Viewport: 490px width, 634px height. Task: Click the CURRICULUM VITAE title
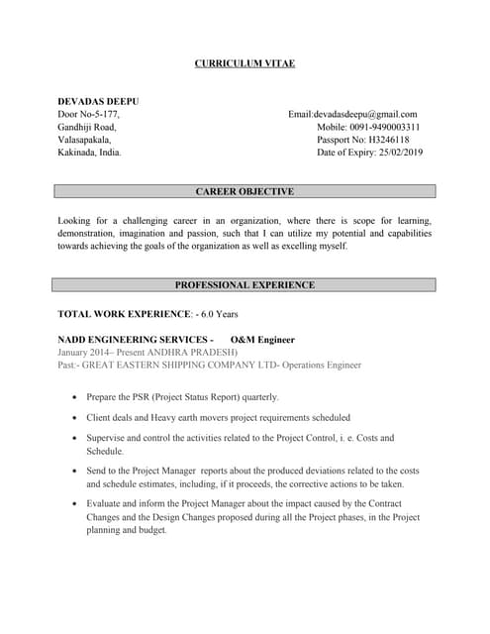click(245, 64)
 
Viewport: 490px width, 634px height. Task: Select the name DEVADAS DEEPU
click(98, 102)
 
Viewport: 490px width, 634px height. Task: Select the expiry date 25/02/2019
click(385, 154)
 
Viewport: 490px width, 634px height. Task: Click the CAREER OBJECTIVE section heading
click(245, 191)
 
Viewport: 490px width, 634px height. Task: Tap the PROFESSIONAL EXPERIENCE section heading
click(245, 285)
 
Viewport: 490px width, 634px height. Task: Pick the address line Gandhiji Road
click(87, 128)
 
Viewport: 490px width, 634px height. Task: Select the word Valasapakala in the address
click(84, 141)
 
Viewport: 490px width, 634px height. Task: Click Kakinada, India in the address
click(90, 154)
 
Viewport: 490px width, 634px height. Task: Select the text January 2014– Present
click(98, 352)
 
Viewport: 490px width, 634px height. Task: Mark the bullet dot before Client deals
click(76, 418)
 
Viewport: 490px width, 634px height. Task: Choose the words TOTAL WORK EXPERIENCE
click(123, 314)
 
